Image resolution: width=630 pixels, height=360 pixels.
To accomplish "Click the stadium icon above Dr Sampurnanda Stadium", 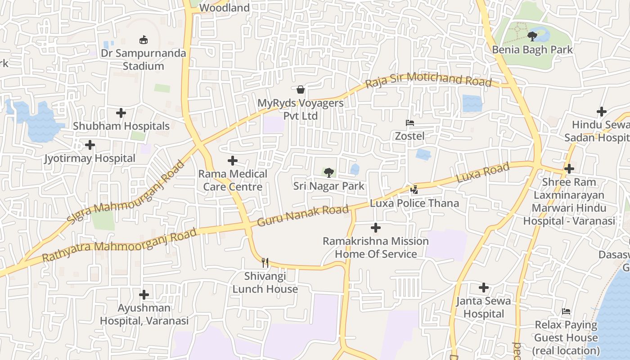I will (x=144, y=40).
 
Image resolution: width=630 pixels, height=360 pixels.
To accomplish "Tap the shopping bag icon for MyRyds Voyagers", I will (x=301, y=90).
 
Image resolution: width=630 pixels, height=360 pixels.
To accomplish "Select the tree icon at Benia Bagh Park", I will (x=533, y=36).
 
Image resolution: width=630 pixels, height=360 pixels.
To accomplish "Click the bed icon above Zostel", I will (x=409, y=122).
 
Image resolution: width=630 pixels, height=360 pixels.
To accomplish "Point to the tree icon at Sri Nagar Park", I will (x=329, y=172).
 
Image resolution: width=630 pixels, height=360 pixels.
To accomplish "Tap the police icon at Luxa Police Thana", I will (x=414, y=190).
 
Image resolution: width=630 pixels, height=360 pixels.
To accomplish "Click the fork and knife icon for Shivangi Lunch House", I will (x=265, y=262).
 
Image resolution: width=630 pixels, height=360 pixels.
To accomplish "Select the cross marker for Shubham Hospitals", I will (x=121, y=112).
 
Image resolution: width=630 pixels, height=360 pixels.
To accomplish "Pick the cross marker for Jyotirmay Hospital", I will (x=90, y=145).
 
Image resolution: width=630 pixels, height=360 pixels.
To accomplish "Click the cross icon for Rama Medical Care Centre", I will (x=233, y=160).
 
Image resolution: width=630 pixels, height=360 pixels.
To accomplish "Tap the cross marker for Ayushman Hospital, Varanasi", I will (x=144, y=295).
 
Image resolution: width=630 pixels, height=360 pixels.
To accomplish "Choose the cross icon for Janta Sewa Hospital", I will (x=484, y=287).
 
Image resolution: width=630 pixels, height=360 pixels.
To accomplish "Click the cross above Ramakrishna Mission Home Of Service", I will (x=376, y=228).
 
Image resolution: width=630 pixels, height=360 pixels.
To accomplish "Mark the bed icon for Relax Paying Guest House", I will (x=566, y=311).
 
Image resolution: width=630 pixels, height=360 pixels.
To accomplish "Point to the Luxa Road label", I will (x=483, y=173).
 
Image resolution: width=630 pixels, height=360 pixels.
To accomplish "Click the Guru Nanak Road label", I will (x=303, y=216).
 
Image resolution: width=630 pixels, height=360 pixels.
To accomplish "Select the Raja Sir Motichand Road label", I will (x=428, y=80).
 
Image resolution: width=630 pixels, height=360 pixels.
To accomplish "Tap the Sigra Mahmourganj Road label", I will (x=126, y=192).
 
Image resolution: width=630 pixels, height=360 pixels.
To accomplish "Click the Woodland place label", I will (x=224, y=8).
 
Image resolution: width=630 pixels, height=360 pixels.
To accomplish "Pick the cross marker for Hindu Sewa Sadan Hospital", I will (x=602, y=111).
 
